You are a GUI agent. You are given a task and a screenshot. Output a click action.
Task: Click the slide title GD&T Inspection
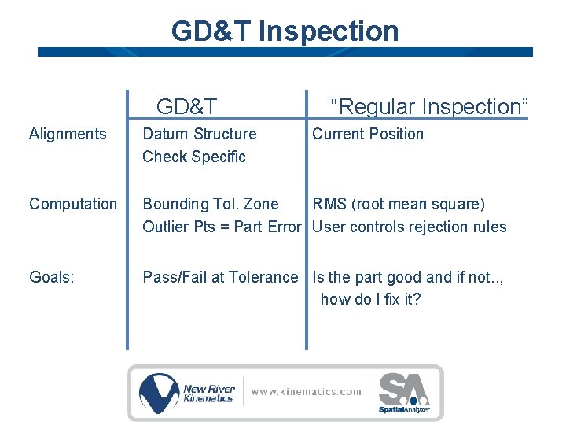pos(285,31)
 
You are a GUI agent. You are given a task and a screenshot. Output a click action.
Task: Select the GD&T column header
pos(187,106)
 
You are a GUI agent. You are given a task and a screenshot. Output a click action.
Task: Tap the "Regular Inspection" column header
pos(429,106)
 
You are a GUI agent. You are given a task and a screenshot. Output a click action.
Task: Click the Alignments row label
pos(68,134)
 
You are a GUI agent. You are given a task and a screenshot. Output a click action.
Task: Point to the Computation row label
pos(73,204)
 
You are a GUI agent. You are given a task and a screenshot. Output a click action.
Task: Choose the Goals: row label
pos(52,277)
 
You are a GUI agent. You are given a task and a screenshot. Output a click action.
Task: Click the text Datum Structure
pos(200,134)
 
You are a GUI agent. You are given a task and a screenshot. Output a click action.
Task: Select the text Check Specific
pos(194,157)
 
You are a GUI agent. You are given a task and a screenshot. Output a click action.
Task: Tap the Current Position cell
pos(368,134)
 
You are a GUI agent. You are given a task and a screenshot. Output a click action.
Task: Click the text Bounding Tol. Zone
pos(211,204)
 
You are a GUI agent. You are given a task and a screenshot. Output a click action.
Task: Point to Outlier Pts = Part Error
pos(222,227)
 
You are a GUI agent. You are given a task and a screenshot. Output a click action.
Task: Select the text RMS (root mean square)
pos(399,204)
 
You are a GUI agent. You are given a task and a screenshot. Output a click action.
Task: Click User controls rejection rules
pos(410,227)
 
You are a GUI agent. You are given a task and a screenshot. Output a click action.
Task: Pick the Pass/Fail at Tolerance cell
pos(220,277)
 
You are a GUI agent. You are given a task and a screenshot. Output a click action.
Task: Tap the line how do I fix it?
pos(371,299)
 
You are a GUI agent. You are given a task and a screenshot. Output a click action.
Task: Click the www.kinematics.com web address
pos(306,391)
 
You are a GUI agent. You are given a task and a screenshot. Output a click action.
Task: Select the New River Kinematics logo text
pos(208,393)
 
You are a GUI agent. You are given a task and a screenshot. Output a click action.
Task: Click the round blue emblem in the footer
pos(160,392)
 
